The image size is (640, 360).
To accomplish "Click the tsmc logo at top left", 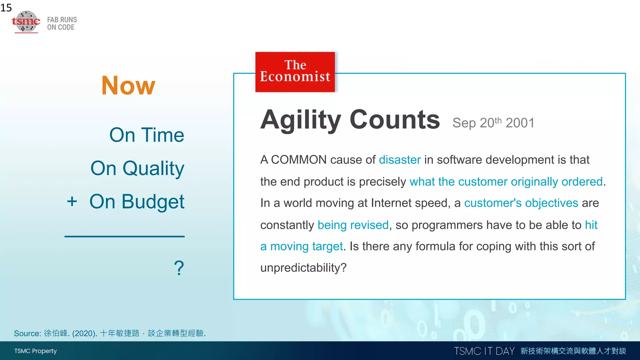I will (26, 21).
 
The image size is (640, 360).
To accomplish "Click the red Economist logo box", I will (295, 72).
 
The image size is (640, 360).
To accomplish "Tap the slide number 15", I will (6, 7).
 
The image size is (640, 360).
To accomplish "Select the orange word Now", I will (128, 86).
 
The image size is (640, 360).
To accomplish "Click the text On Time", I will (147, 135).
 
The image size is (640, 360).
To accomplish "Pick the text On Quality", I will (137, 168).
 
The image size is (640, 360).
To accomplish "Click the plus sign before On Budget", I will (72, 201).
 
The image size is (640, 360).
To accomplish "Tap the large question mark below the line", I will (179, 268).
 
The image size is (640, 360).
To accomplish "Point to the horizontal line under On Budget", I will (124, 237).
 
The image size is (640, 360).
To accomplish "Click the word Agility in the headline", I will (301, 120).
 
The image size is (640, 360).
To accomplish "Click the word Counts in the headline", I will (395, 120).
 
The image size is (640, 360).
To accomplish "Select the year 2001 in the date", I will (520, 123).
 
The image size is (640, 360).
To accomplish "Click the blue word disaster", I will (400, 160).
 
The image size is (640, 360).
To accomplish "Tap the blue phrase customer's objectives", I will (521, 203).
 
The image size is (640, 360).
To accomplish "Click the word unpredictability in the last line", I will (300, 268).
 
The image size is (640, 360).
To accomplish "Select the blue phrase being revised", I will (353, 225).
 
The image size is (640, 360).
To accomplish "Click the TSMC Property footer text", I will (35, 351).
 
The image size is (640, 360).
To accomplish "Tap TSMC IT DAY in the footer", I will (484, 351).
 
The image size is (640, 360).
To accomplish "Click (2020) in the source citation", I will (84, 333).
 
